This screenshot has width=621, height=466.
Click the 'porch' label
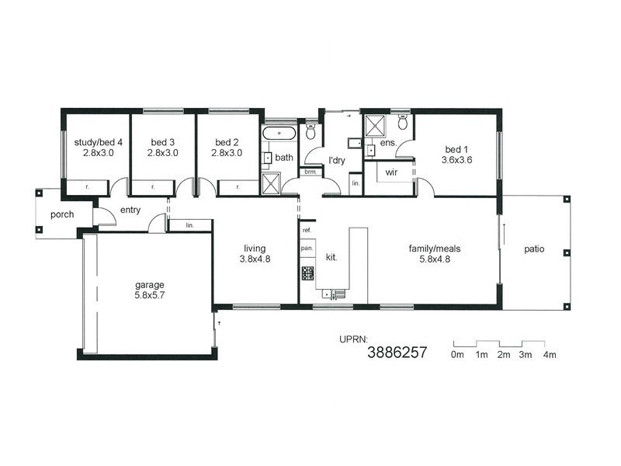pyautogui.click(x=62, y=214)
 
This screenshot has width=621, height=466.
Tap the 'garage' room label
pyautogui.click(x=148, y=284)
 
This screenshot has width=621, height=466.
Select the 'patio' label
pyautogui.click(x=534, y=249)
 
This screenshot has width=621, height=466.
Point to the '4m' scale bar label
pyautogui.click(x=550, y=355)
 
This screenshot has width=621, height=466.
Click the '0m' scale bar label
pyautogui.click(x=456, y=355)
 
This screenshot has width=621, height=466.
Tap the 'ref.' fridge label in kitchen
pyautogui.click(x=307, y=231)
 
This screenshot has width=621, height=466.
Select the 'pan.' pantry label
pyautogui.click(x=307, y=249)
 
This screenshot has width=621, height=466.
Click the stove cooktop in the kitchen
pyautogui.click(x=307, y=273)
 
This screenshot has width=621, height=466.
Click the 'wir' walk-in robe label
pyautogui.click(x=391, y=172)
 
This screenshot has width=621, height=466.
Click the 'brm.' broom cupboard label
pyautogui.click(x=310, y=172)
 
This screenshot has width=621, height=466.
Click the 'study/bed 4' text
pyautogui.click(x=94, y=142)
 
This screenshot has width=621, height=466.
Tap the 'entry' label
pyautogui.click(x=130, y=210)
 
